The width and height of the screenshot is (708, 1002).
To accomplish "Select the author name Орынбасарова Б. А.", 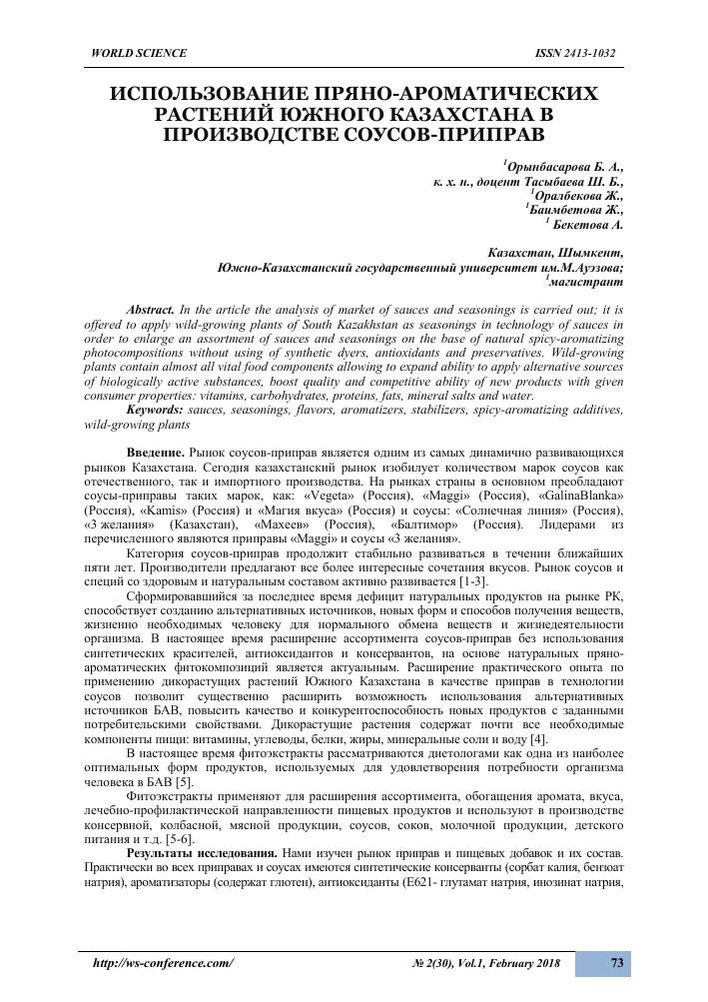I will point(565,168).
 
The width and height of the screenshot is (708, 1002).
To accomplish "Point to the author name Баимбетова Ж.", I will point(577,211).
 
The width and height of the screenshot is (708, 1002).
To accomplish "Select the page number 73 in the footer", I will point(616,963).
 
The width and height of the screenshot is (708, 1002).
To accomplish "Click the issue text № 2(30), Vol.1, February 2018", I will point(485,963).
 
